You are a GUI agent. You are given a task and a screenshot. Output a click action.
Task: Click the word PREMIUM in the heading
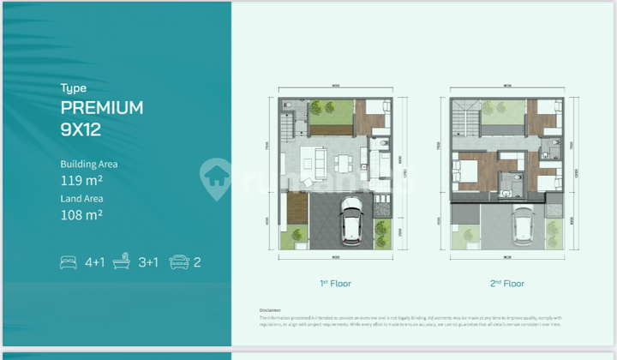101,107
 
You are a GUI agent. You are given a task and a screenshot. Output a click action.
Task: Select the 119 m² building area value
81,181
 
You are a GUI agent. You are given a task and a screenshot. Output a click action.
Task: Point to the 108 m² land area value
81,216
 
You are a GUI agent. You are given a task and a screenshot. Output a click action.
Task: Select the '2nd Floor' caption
506,283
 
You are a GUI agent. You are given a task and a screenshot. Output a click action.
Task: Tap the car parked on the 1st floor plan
351,219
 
